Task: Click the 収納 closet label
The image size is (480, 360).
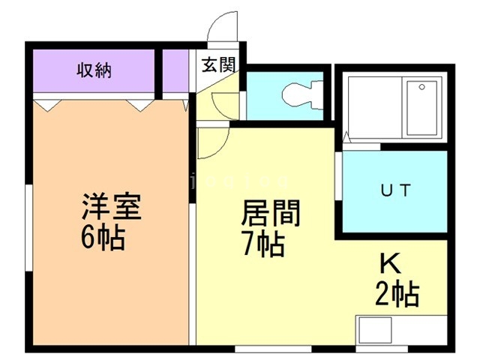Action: click(x=94, y=71)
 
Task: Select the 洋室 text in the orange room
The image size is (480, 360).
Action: click(x=110, y=207)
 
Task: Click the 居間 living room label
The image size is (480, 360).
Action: click(x=269, y=214)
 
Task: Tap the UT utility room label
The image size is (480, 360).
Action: click(x=394, y=190)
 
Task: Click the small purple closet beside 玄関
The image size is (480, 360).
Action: click(x=178, y=71)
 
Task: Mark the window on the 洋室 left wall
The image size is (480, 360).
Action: click(x=28, y=224)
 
